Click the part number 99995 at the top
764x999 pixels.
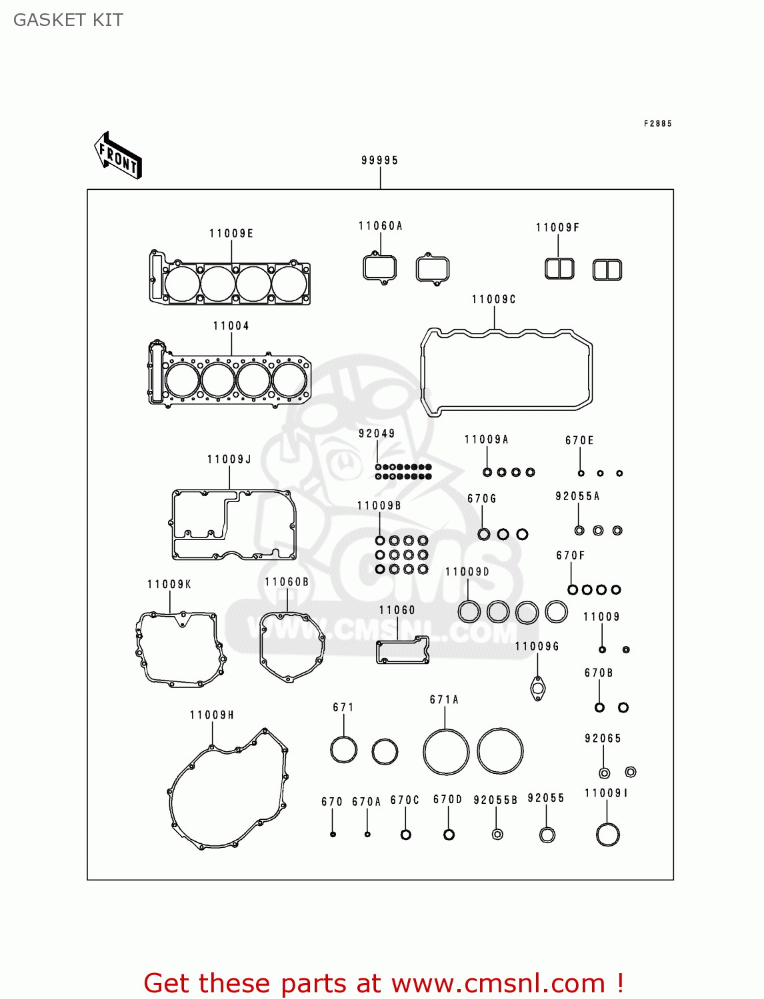pyautogui.click(x=379, y=161)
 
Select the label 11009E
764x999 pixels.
pyautogui.click(x=231, y=234)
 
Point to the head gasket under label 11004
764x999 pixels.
pyautogui.click(x=230, y=380)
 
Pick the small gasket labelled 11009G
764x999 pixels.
pyautogui.click(x=538, y=689)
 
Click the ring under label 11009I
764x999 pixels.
pyautogui.click(x=607, y=834)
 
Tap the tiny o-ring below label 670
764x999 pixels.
pyautogui.click(x=333, y=834)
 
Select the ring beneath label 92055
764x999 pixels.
pyautogui.click(x=547, y=834)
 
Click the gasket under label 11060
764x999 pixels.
pyautogui.click(x=403, y=650)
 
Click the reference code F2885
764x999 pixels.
pyautogui.click(x=657, y=124)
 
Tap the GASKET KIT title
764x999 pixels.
pyautogui.click(x=68, y=20)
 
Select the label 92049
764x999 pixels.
pyautogui.click(x=377, y=434)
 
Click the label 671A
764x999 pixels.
pyautogui.click(x=444, y=700)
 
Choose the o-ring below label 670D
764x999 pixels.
pyautogui.click(x=449, y=834)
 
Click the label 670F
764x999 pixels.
pyautogui.click(x=570, y=555)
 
